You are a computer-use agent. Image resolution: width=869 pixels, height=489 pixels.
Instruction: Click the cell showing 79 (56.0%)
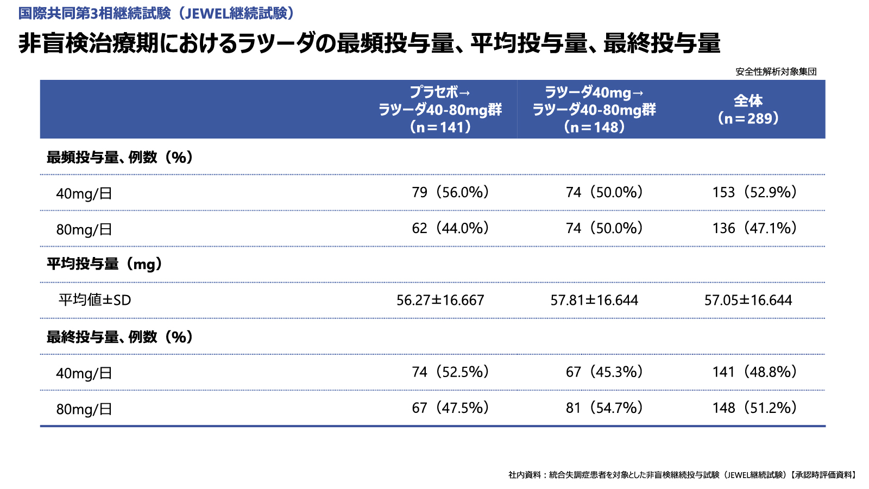pyautogui.click(x=450, y=192)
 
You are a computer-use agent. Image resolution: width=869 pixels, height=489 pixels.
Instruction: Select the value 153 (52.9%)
pyautogui.click(x=754, y=192)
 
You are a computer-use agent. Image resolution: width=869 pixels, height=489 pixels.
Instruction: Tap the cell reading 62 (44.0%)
pyautogui.click(x=450, y=228)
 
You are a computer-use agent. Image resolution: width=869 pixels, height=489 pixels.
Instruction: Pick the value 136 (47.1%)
pyautogui.click(x=754, y=228)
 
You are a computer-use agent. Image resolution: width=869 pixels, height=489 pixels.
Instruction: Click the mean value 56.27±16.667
pyautogui.click(x=440, y=300)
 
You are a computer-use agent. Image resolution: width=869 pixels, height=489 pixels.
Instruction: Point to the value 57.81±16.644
pyautogui.click(x=594, y=300)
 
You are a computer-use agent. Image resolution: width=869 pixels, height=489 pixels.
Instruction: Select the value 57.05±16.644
pyautogui.click(x=748, y=300)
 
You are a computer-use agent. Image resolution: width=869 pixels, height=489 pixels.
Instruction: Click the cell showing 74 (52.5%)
pyautogui.click(x=450, y=372)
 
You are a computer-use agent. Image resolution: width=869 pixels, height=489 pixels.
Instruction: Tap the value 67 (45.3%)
pyautogui.click(x=604, y=372)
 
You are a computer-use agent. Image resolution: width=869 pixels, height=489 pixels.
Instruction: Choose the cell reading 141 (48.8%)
pyautogui.click(x=754, y=372)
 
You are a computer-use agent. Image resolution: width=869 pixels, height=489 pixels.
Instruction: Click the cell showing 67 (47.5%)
pyautogui.click(x=450, y=408)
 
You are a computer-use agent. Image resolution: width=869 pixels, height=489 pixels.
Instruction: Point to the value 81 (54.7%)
pyautogui.click(x=604, y=408)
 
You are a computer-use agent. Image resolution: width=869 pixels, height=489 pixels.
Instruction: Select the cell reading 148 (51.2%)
pyautogui.click(x=754, y=408)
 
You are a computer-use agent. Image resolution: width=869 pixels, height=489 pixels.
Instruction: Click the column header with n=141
pyautogui.click(x=440, y=110)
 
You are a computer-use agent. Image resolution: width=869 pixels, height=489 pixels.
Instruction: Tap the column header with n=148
pyautogui.click(x=594, y=110)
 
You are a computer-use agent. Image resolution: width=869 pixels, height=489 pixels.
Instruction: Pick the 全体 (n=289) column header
pyautogui.click(x=748, y=110)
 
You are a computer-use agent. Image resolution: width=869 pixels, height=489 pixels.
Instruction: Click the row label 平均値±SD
pyautogui.click(x=95, y=300)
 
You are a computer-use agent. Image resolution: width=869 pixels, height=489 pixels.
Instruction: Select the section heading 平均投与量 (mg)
pyautogui.click(x=105, y=264)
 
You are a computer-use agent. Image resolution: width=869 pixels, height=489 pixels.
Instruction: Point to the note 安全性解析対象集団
pyautogui.click(x=776, y=72)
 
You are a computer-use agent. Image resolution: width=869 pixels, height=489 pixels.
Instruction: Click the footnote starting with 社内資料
pyautogui.click(x=682, y=475)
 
